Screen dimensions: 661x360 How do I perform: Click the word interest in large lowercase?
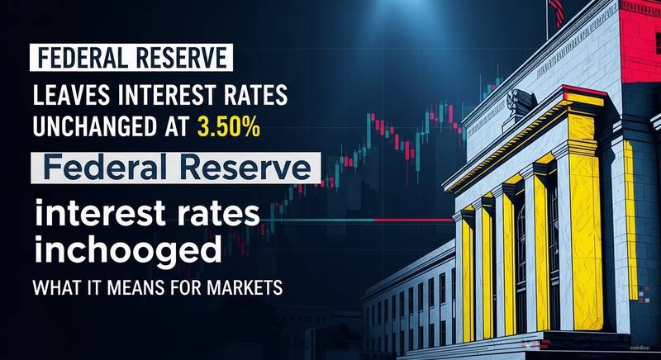coord(100,213)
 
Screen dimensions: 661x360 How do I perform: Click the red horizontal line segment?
coord(414,220)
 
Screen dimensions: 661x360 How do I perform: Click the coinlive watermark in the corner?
coord(640,348)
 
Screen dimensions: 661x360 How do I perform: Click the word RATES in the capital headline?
coord(260,96)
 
